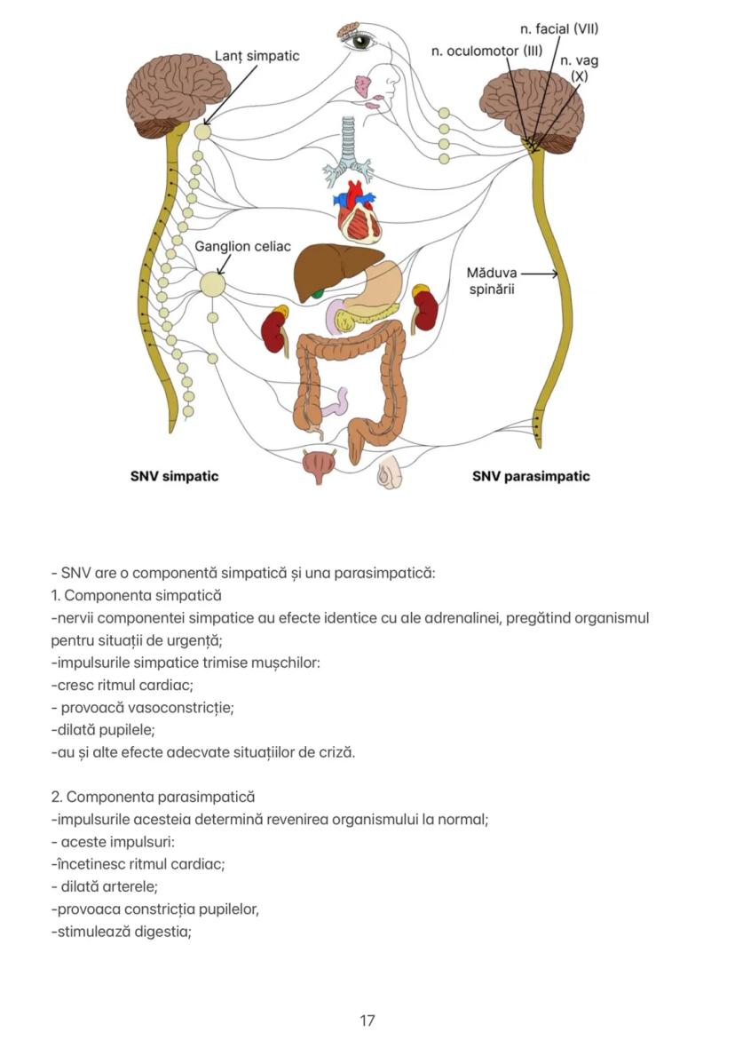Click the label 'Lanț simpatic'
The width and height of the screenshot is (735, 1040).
(x=257, y=56)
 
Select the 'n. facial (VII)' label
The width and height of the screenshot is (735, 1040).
(x=559, y=29)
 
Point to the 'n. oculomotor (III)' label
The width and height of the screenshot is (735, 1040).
(x=486, y=51)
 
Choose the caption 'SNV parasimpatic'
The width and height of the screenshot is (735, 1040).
(x=531, y=476)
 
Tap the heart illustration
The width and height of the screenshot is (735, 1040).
(x=359, y=214)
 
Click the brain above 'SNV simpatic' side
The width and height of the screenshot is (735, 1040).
(x=178, y=93)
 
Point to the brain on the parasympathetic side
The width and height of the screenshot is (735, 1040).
(x=533, y=111)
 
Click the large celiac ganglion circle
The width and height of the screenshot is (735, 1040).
(x=212, y=284)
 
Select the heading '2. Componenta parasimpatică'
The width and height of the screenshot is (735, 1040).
(x=153, y=797)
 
